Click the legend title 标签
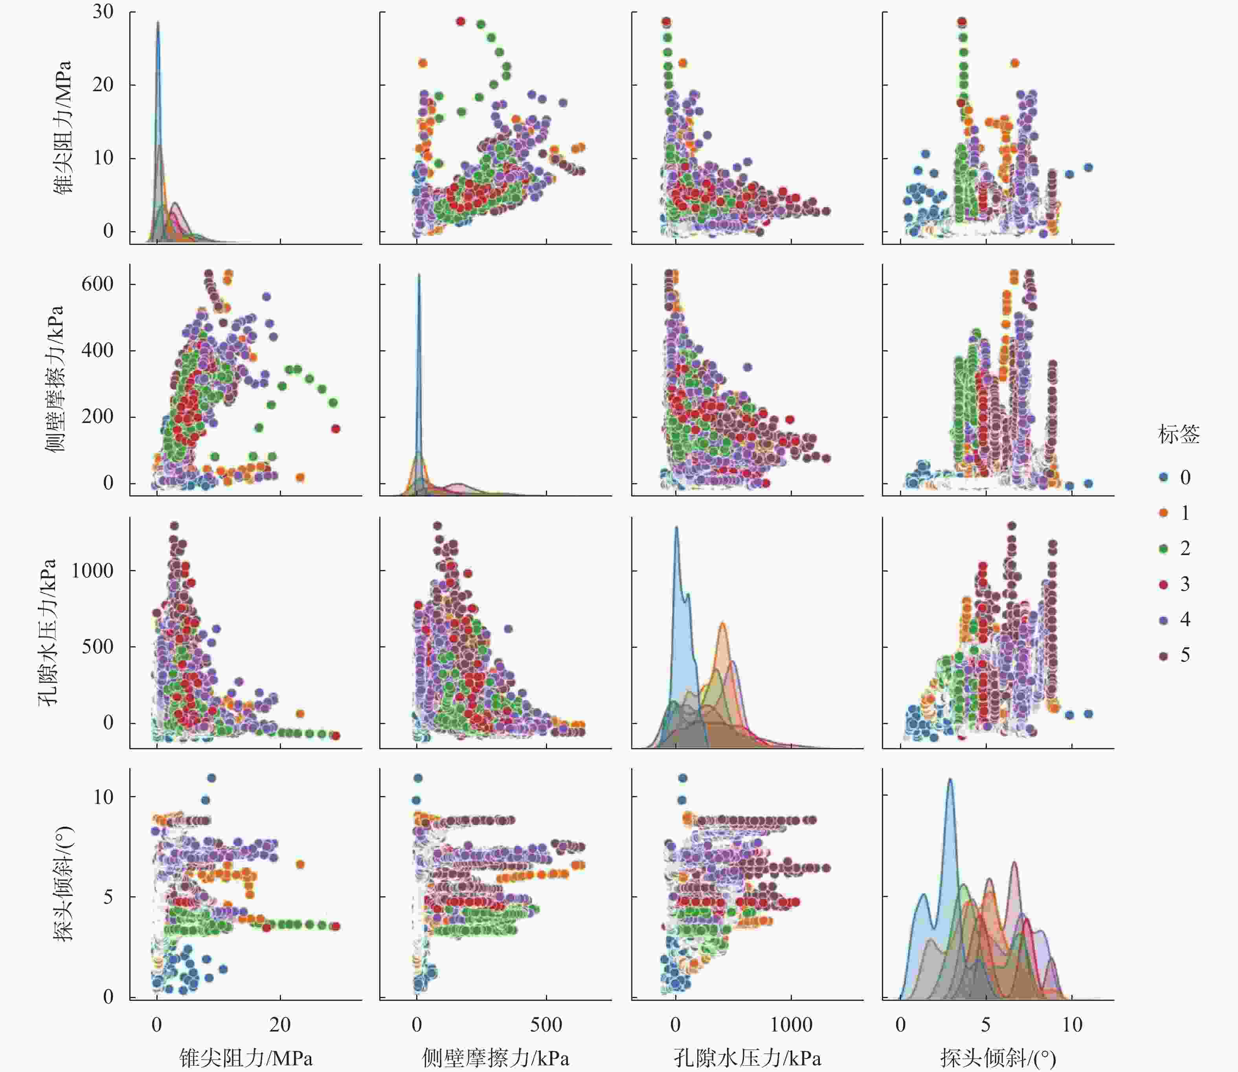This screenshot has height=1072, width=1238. click(1178, 434)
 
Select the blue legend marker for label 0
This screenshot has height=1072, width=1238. click(1163, 477)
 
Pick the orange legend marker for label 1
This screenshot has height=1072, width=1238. click(1163, 513)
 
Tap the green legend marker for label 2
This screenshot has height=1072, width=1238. click(1163, 548)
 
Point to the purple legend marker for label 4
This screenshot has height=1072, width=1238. click(1163, 620)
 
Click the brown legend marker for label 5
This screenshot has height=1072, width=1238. click(1163, 656)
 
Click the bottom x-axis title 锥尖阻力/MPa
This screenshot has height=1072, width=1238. click(246, 1058)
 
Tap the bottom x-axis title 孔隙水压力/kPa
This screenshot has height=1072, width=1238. click(747, 1058)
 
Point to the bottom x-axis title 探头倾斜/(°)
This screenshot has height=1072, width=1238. click(997, 1058)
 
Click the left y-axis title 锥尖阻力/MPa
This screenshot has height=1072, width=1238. click(62, 127)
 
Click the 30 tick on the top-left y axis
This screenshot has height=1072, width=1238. click(103, 12)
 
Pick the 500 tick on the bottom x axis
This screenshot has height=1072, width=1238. click(546, 1025)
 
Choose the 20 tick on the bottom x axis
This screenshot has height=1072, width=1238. click(280, 1025)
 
